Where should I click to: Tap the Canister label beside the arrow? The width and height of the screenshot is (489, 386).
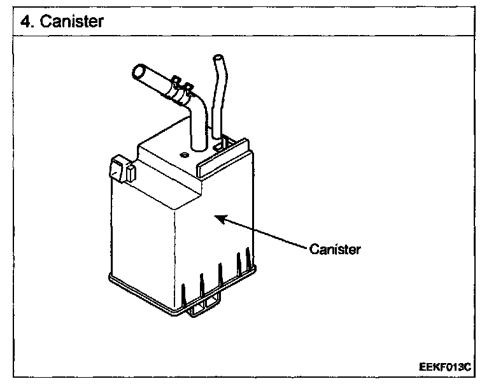pyautogui.click(x=336, y=248)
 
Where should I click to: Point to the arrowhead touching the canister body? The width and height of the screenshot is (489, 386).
pyautogui.click(x=218, y=218)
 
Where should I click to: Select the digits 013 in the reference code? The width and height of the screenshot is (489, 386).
pyautogui.click(x=453, y=368)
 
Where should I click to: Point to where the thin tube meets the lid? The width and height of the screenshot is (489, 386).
pyautogui.click(x=218, y=137)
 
